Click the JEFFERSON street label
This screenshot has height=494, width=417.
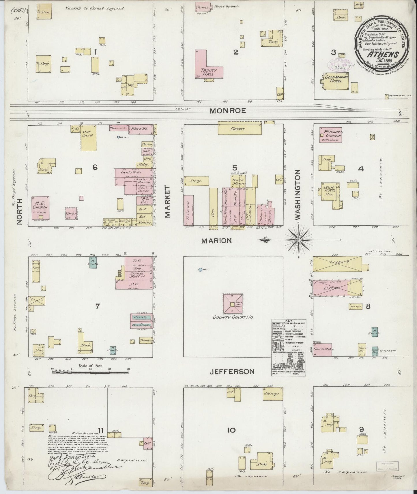(x=232, y=372)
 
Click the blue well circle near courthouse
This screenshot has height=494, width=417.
(x=200, y=270)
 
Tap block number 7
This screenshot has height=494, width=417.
(x=98, y=306)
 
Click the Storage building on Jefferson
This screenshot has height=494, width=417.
(x=272, y=393)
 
